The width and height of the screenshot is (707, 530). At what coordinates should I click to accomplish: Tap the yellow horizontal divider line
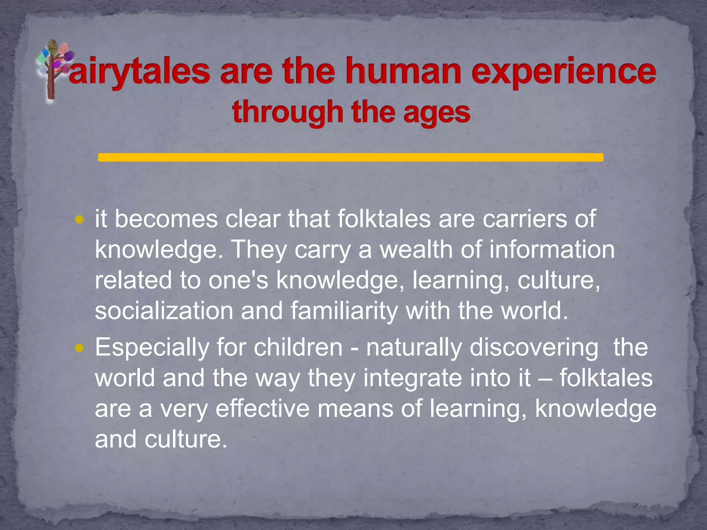click(x=350, y=157)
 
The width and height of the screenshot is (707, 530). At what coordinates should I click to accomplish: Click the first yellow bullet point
click(x=79, y=219)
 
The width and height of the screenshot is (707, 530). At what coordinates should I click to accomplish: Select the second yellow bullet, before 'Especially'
click(x=79, y=348)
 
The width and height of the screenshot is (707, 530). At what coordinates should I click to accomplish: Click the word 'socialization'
click(x=164, y=311)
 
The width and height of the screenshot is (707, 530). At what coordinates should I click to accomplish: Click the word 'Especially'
click(x=152, y=348)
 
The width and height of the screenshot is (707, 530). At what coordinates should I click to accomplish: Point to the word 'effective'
click(x=262, y=409)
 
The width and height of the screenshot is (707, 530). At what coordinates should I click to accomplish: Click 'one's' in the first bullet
click(x=238, y=280)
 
